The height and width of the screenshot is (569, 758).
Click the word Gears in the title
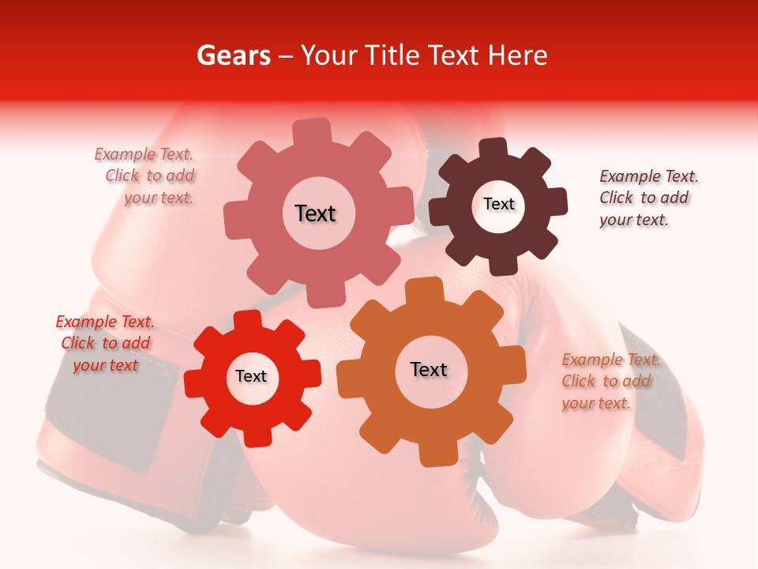pos(233,55)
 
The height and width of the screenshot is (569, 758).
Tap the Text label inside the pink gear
pos(315,213)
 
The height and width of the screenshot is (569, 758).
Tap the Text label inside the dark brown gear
pos(498,204)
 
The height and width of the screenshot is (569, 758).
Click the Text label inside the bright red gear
pos(251,377)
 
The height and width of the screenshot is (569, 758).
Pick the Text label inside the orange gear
pos(429,369)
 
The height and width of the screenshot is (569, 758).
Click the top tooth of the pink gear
pos(312,131)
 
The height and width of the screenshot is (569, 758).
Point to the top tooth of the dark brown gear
pos(493,149)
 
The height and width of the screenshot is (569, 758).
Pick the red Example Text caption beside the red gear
pos(105,343)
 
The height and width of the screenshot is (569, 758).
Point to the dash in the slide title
pos(287,56)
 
